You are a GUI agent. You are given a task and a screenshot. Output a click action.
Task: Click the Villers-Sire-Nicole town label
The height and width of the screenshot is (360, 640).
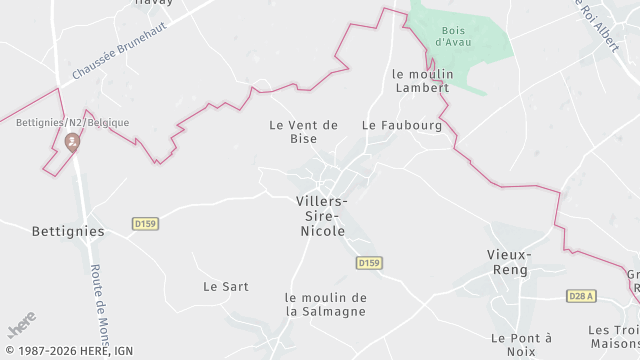(x=321, y=216)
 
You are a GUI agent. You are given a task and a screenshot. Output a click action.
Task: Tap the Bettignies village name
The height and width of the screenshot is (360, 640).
(x=68, y=230)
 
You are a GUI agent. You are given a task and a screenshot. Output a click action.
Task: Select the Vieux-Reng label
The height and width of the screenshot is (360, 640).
(x=509, y=262)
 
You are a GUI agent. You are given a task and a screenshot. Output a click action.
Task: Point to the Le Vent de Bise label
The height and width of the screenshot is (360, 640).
(x=304, y=131)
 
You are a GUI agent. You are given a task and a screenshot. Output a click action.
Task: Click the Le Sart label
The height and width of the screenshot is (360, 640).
(x=225, y=286)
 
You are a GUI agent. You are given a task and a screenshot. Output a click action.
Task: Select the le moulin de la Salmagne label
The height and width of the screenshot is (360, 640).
(x=326, y=304)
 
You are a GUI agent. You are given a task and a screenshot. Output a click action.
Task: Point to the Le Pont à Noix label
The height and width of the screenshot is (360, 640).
(x=521, y=345)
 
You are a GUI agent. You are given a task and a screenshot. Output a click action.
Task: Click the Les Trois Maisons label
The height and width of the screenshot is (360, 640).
(x=613, y=337)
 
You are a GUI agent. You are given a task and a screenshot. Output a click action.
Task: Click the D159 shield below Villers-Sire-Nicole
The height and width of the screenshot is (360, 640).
(x=369, y=262)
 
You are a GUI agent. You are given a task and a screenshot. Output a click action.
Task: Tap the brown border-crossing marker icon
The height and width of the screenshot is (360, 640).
(x=72, y=144)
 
